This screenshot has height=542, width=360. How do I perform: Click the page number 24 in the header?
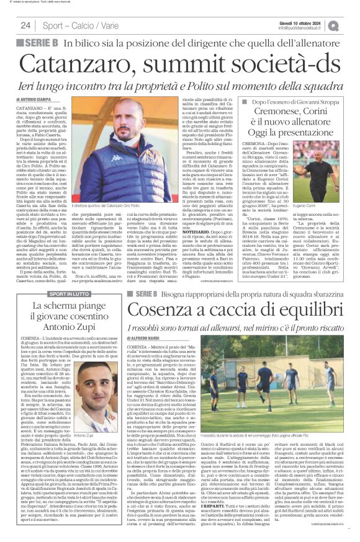click(25, 25)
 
